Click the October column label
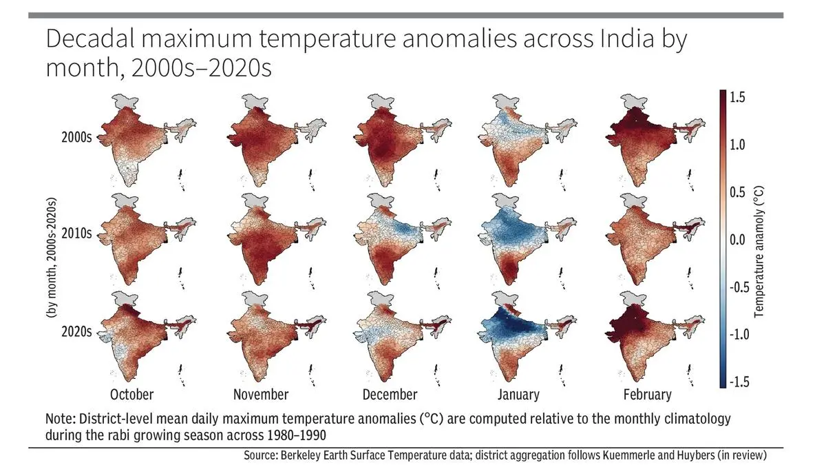point(131,395)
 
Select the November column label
point(260,395)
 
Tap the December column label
point(390,395)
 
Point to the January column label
point(518,395)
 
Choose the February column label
point(646,395)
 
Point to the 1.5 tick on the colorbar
point(738,98)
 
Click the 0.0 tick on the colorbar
point(738,240)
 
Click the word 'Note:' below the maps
point(61,419)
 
